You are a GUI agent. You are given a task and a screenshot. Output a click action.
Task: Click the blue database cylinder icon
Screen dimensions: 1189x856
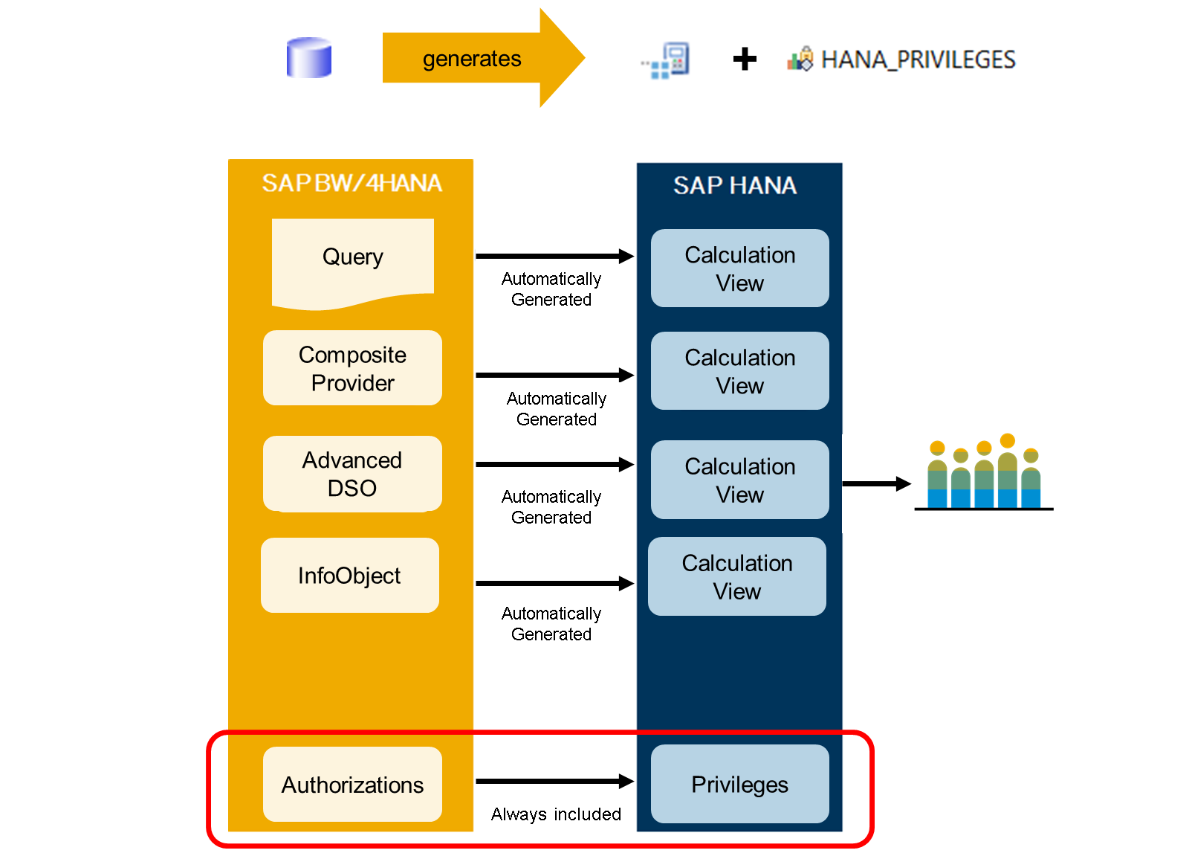click(309, 58)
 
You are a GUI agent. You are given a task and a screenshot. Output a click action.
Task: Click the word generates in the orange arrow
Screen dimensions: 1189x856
click(472, 59)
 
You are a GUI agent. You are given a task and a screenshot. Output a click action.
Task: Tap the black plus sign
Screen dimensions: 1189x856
click(745, 59)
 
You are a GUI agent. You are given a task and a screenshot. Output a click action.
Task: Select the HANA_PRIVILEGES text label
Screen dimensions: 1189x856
click(919, 59)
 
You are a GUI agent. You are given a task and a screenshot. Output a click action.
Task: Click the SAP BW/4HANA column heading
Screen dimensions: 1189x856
click(351, 183)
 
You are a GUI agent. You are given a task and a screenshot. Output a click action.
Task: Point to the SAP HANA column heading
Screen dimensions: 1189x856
click(735, 185)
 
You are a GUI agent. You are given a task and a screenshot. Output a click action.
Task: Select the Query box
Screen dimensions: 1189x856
click(353, 263)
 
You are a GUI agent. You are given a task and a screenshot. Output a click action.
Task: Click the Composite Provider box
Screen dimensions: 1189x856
click(352, 368)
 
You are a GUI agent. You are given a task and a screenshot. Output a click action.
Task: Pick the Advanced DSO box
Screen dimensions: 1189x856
click(352, 474)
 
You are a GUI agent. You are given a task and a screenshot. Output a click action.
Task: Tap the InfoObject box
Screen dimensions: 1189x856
click(350, 576)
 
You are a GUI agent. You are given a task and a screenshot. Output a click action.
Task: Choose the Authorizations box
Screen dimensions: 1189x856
click(352, 785)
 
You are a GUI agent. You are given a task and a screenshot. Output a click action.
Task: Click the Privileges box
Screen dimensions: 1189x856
click(740, 785)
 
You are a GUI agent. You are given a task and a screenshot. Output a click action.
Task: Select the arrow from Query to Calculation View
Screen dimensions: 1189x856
click(554, 256)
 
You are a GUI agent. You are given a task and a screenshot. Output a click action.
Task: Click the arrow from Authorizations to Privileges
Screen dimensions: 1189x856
click(554, 781)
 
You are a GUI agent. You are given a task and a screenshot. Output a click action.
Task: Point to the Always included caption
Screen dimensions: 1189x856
click(556, 814)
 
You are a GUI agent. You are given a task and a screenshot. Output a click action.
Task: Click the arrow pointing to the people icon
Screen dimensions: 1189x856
click(877, 483)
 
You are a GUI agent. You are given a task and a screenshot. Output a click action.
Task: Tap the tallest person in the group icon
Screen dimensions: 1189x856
click(1008, 471)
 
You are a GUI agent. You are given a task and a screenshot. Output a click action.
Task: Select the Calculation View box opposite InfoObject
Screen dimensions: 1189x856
click(736, 576)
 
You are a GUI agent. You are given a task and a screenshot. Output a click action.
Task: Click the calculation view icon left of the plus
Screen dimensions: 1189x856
click(666, 60)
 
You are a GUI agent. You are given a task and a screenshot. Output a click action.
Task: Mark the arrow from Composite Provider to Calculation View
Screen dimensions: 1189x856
click(554, 375)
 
